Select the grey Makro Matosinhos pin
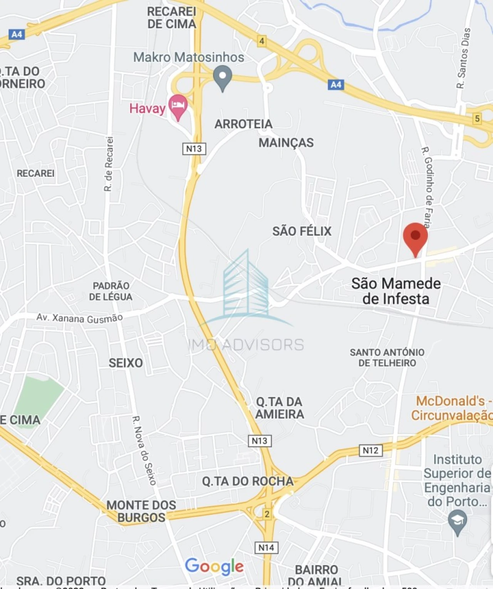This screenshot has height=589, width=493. pyautogui.click(x=222, y=77)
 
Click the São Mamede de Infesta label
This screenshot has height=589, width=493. pyautogui.click(x=396, y=291)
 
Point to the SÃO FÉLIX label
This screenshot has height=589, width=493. pyautogui.click(x=302, y=231)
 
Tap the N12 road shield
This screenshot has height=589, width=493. pyautogui.click(x=371, y=450)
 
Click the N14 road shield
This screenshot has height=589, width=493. pyautogui.click(x=266, y=547)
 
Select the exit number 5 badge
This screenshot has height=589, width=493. pyautogui.click(x=477, y=119)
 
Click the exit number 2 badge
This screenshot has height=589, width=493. pyautogui.click(x=267, y=514)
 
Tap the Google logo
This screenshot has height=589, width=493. pyautogui.click(x=214, y=566)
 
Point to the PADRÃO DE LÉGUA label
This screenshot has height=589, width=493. pyautogui.click(x=111, y=291)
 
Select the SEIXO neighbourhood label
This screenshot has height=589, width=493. pyautogui.click(x=126, y=363)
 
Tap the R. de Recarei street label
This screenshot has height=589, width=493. pyautogui.click(x=109, y=164)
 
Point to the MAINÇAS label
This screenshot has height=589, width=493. pyautogui.click(x=286, y=143)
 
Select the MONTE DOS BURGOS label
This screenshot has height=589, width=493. pyautogui.click(x=141, y=511)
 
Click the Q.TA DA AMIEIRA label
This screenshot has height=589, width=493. pyautogui.click(x=280, y=408)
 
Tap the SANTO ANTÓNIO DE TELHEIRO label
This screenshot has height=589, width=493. pyautogui.click(x=387, y=358)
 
